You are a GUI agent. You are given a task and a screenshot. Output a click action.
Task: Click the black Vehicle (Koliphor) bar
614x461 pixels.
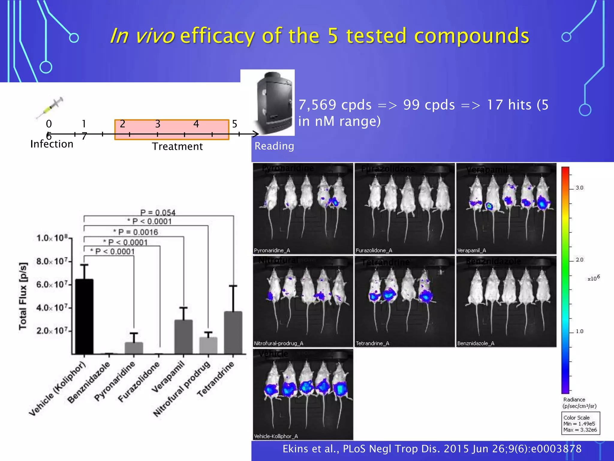tap(84, 317)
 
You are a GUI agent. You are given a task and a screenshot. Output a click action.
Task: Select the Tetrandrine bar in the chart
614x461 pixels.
tap(233, 333)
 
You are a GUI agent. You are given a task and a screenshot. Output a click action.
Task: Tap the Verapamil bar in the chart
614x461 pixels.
tap(183, 337)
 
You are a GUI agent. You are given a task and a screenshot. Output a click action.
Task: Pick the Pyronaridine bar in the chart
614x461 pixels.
tap(134, 348)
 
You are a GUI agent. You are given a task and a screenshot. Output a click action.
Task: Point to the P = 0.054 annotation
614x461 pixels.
tap(158, 212)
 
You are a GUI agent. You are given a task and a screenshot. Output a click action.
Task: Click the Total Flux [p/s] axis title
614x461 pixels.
tap(23, 296)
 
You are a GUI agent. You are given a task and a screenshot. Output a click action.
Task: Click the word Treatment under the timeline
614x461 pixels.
tap(177, 146)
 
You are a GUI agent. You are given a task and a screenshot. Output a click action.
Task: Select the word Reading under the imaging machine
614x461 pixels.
tap(274, 146)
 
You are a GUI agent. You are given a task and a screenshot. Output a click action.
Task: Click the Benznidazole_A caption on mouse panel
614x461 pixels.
tap(476, 343)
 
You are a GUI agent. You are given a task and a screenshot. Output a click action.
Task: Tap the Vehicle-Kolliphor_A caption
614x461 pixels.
tap(276, 436)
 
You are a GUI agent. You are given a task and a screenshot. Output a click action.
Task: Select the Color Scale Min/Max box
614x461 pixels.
tap(580, 423)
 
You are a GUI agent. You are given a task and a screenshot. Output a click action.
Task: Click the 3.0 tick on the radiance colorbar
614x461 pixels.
tap(579, 188)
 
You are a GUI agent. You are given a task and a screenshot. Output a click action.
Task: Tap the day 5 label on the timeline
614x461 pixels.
tap(234, 124)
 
